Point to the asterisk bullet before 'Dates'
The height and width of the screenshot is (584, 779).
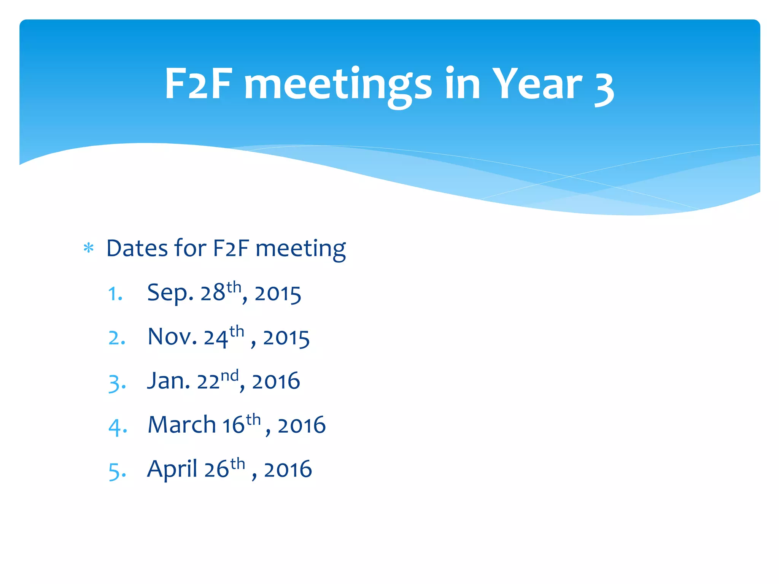click(89, 248)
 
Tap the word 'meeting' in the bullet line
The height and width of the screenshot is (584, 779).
click(300, 249)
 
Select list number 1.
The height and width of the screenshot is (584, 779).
click(115, 294)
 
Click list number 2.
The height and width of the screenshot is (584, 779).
click(116, 338)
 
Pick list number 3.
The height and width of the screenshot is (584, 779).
click(117, 382)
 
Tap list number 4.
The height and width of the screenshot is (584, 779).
click(117, 427)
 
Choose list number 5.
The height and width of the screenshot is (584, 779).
click(117, 471)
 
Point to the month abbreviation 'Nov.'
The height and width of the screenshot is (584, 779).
click(172, 337)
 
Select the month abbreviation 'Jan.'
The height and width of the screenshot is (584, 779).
click(169, 381)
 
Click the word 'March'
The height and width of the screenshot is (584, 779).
click(182, 425)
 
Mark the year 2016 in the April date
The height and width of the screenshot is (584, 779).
click(288, 470)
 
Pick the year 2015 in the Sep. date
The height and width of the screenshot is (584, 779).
click(278, 294)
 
